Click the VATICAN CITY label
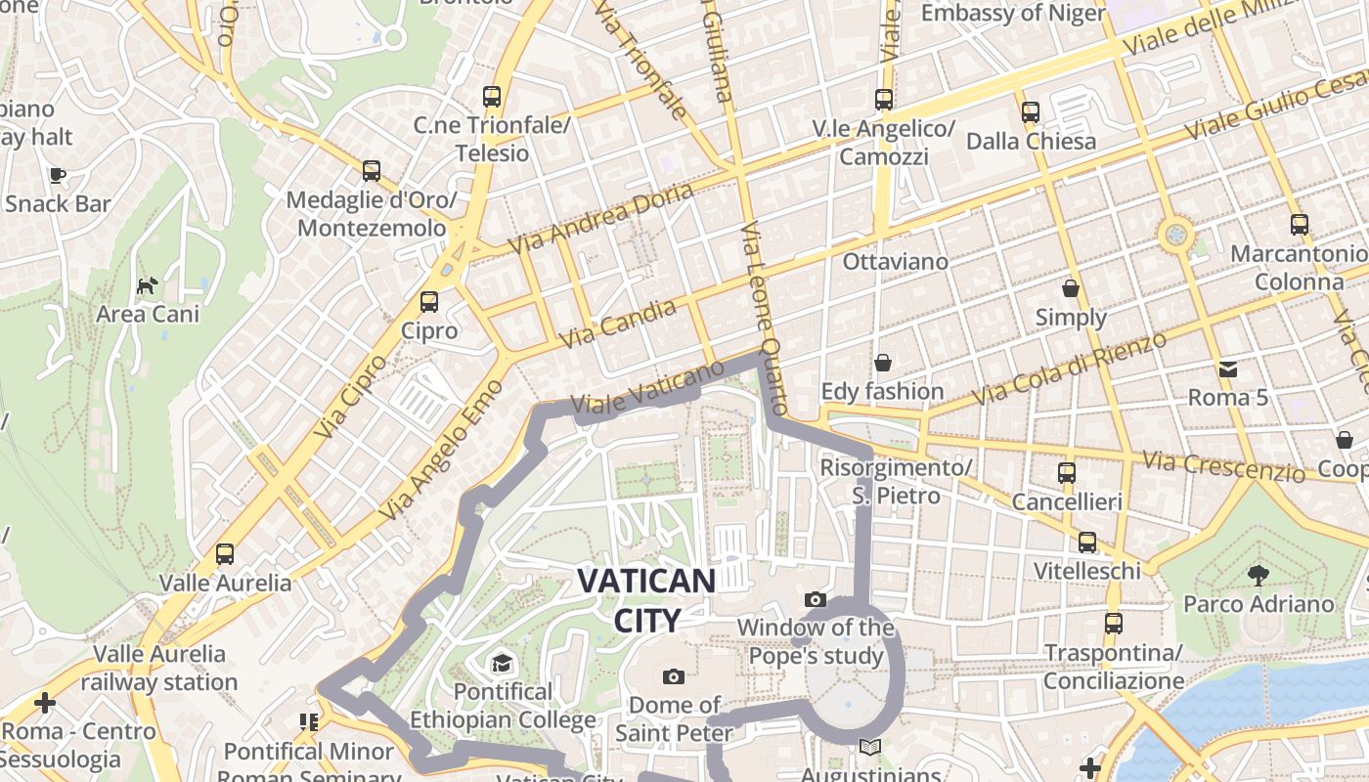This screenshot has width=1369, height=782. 645,599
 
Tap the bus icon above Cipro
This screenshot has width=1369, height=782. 428,302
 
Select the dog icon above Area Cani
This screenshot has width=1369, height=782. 148,285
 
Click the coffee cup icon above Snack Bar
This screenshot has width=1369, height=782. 58,175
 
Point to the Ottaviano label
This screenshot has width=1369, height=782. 896,262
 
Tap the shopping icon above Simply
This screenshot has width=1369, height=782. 1071,288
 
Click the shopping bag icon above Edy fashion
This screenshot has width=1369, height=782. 883,363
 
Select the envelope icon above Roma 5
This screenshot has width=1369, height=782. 1227,369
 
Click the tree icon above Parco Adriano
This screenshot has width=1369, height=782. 1259,575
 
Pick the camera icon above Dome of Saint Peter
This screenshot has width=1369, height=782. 673,676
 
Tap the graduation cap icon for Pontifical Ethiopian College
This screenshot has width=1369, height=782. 502,664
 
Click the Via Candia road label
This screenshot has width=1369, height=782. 619,326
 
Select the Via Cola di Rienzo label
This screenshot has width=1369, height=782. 1071,369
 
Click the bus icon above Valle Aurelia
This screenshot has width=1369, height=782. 225,554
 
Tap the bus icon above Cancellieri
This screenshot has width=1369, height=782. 1067,473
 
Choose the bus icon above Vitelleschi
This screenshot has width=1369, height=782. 1087,543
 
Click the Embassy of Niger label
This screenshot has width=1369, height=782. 1013,14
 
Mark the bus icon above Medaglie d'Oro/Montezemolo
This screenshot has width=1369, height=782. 372,171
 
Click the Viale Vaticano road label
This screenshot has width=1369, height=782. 647,388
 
